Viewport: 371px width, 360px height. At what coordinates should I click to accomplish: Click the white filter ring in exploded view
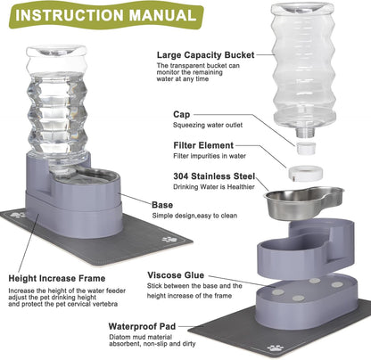tap(304, 165)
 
